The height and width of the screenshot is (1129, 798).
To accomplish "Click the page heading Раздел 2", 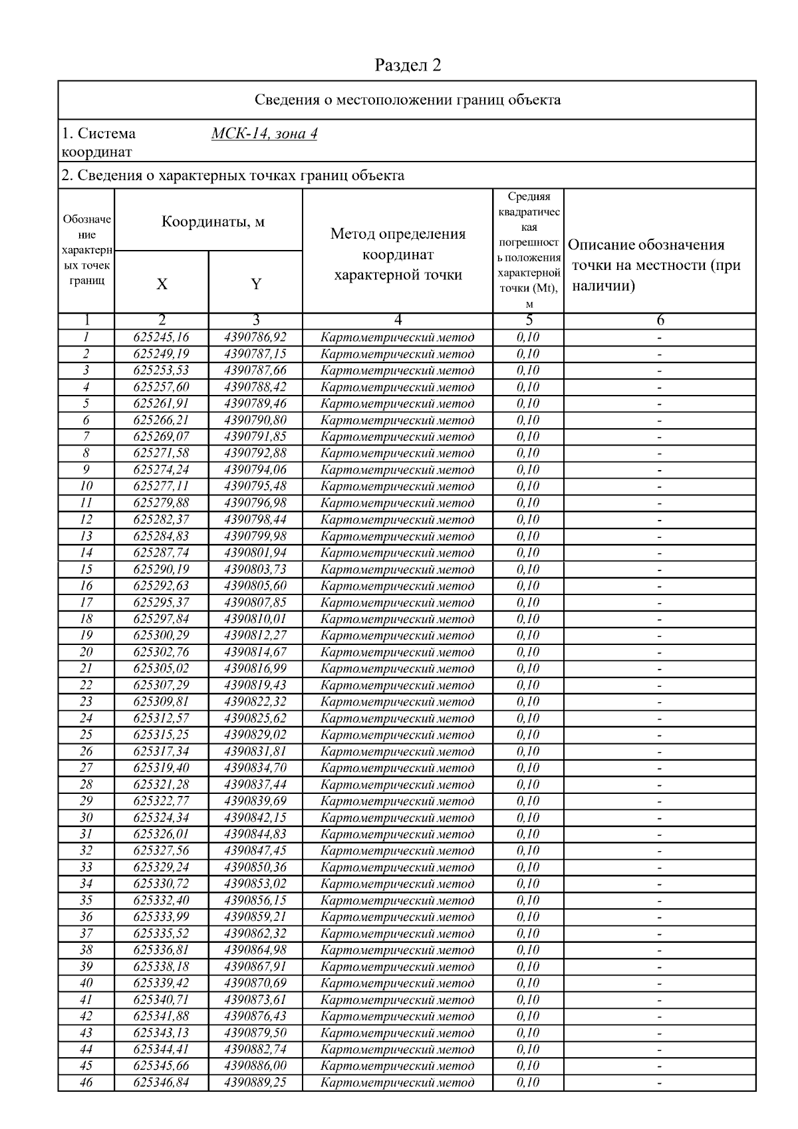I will pyautogui.click(x=408, y=65).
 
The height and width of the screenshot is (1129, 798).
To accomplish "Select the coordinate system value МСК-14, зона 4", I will pyautogui.click(x=264, y=134).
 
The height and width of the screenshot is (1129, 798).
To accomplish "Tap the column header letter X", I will pyautogui.click(x=162, y=285).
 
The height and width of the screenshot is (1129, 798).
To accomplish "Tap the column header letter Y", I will pyautogui.click(x=256, y=285).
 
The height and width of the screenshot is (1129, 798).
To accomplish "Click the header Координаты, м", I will pyautogui.click(x=213, y=222).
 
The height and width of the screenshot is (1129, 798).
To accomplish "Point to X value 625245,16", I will pyautogui.click(x=162, y=337).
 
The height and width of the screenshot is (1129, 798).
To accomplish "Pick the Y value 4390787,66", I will pyautogui.click(x=255, y=370).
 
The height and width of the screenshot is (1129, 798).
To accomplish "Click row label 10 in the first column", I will pyautogui.click(x=86, y=486).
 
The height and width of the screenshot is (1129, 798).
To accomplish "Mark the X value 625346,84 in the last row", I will pyautogui.click(x=162, y=1082).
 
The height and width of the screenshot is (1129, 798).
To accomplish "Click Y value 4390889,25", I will pyautogui.click(x=255, y=1082).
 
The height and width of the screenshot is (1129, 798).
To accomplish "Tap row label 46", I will pyautogui.click(x=86, y=1082).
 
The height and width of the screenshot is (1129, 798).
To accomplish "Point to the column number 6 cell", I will pyautogui.click(x=660, y=320).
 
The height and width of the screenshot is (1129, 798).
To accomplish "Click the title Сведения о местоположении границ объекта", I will pyautogui.click(x=408, y=100).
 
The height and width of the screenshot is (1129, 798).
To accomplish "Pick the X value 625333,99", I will pyautogui.click(x=162, y=917).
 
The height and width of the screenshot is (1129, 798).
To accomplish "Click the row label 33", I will pyautogui.click(x=86, y=867).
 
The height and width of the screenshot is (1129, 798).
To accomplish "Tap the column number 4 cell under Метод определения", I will pyautogui.click(x=398, y=320).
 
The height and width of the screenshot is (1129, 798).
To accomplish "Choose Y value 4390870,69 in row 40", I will pyautogui.click(x=255, y=983).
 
